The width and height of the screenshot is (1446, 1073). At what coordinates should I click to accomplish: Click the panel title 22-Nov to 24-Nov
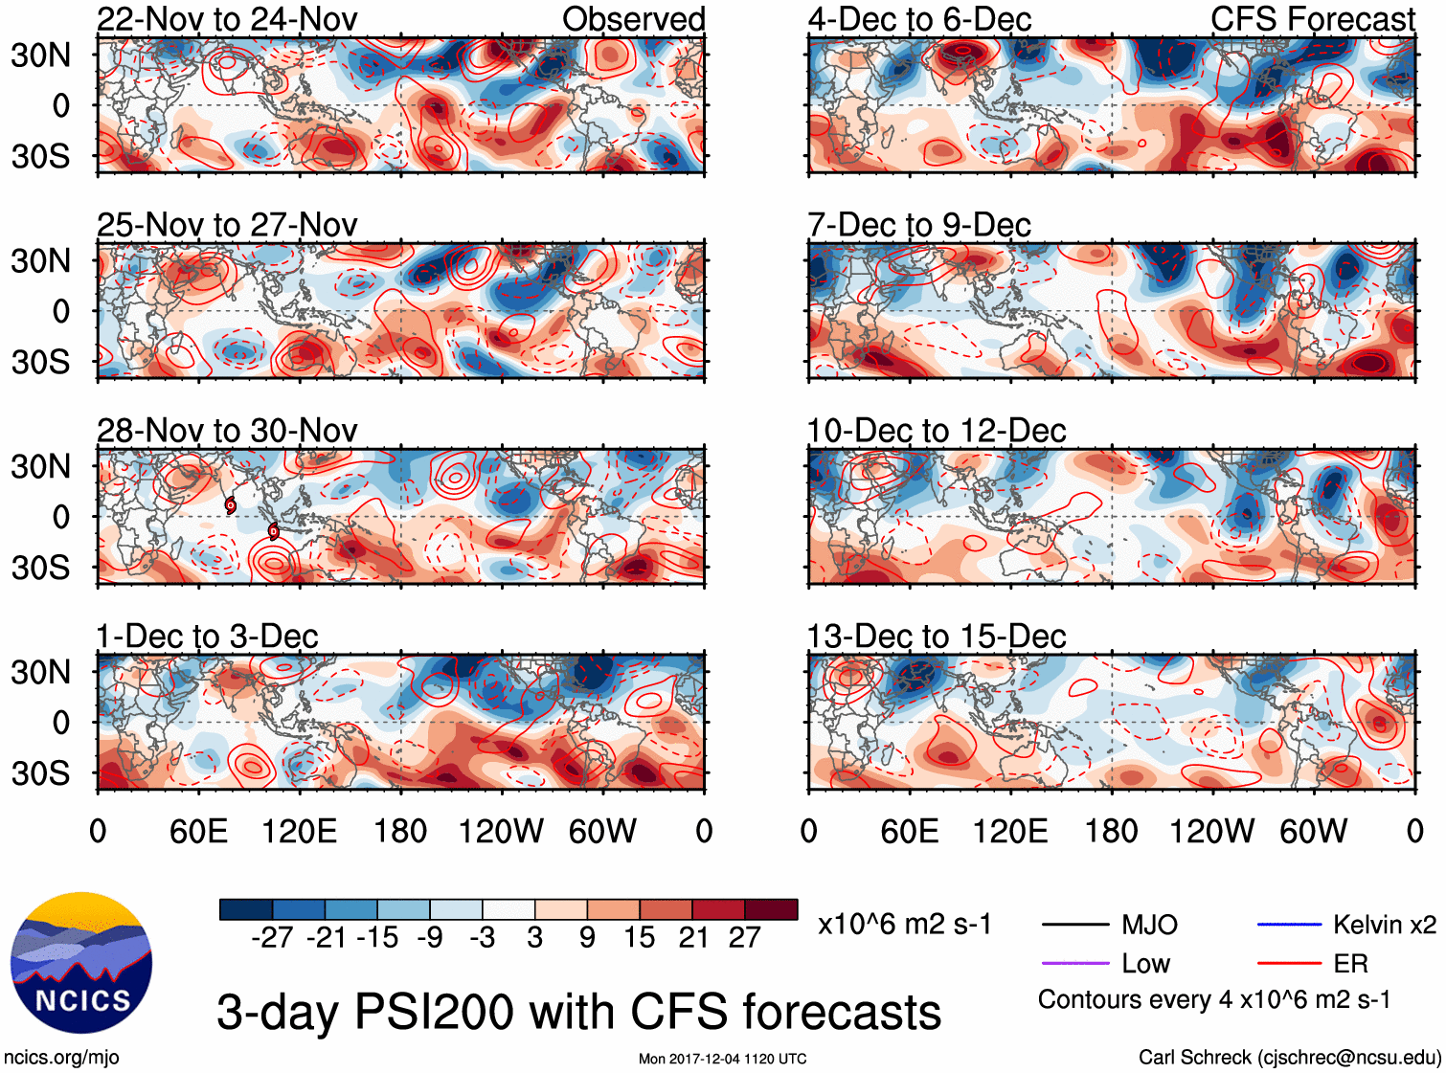(x=227, y=19)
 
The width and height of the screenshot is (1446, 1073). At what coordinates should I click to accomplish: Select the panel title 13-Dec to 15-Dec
(x=936, y=637)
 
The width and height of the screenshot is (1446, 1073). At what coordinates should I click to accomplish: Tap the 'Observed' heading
(x=633, y=19)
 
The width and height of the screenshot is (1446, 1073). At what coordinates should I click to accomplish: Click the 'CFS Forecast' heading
(x=1312, y=19)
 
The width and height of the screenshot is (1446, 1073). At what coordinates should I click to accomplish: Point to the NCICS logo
(x=81, y=962)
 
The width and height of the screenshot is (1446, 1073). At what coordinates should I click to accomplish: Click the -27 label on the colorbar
(x=272, y=938)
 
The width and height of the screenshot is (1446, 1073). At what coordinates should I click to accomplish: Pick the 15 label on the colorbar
(x=639, y=938)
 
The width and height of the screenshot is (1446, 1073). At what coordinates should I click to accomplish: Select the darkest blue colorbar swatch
(x=246, y=909)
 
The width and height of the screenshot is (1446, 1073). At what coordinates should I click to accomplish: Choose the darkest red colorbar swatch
(x=771, y=909)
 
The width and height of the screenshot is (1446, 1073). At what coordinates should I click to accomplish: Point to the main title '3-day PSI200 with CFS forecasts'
(x=578, y=1012)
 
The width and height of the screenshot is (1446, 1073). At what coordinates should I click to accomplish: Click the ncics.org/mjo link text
(x=61, y=1058)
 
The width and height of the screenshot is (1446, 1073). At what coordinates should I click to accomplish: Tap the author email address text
(x=1289, y=1058)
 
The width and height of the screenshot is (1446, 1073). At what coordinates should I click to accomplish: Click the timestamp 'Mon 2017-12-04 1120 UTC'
(x=722, y=1059)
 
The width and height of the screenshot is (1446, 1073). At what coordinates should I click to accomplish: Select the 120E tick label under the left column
(x=299, y=831)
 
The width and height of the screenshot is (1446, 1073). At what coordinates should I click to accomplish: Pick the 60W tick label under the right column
(x=1313, y=831)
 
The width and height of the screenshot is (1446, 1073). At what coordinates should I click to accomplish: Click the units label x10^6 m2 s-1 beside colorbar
(x=904, y=925)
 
